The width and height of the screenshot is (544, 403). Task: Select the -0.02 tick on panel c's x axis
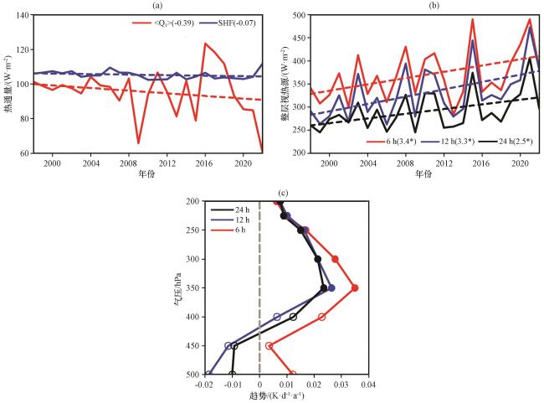point(204,385)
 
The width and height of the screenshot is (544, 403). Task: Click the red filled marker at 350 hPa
point(355,288)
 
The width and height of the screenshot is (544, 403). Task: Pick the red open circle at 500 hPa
point(292,374)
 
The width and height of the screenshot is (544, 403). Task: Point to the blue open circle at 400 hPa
point(277,317)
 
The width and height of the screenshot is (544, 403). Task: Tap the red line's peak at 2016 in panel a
point(205,44)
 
